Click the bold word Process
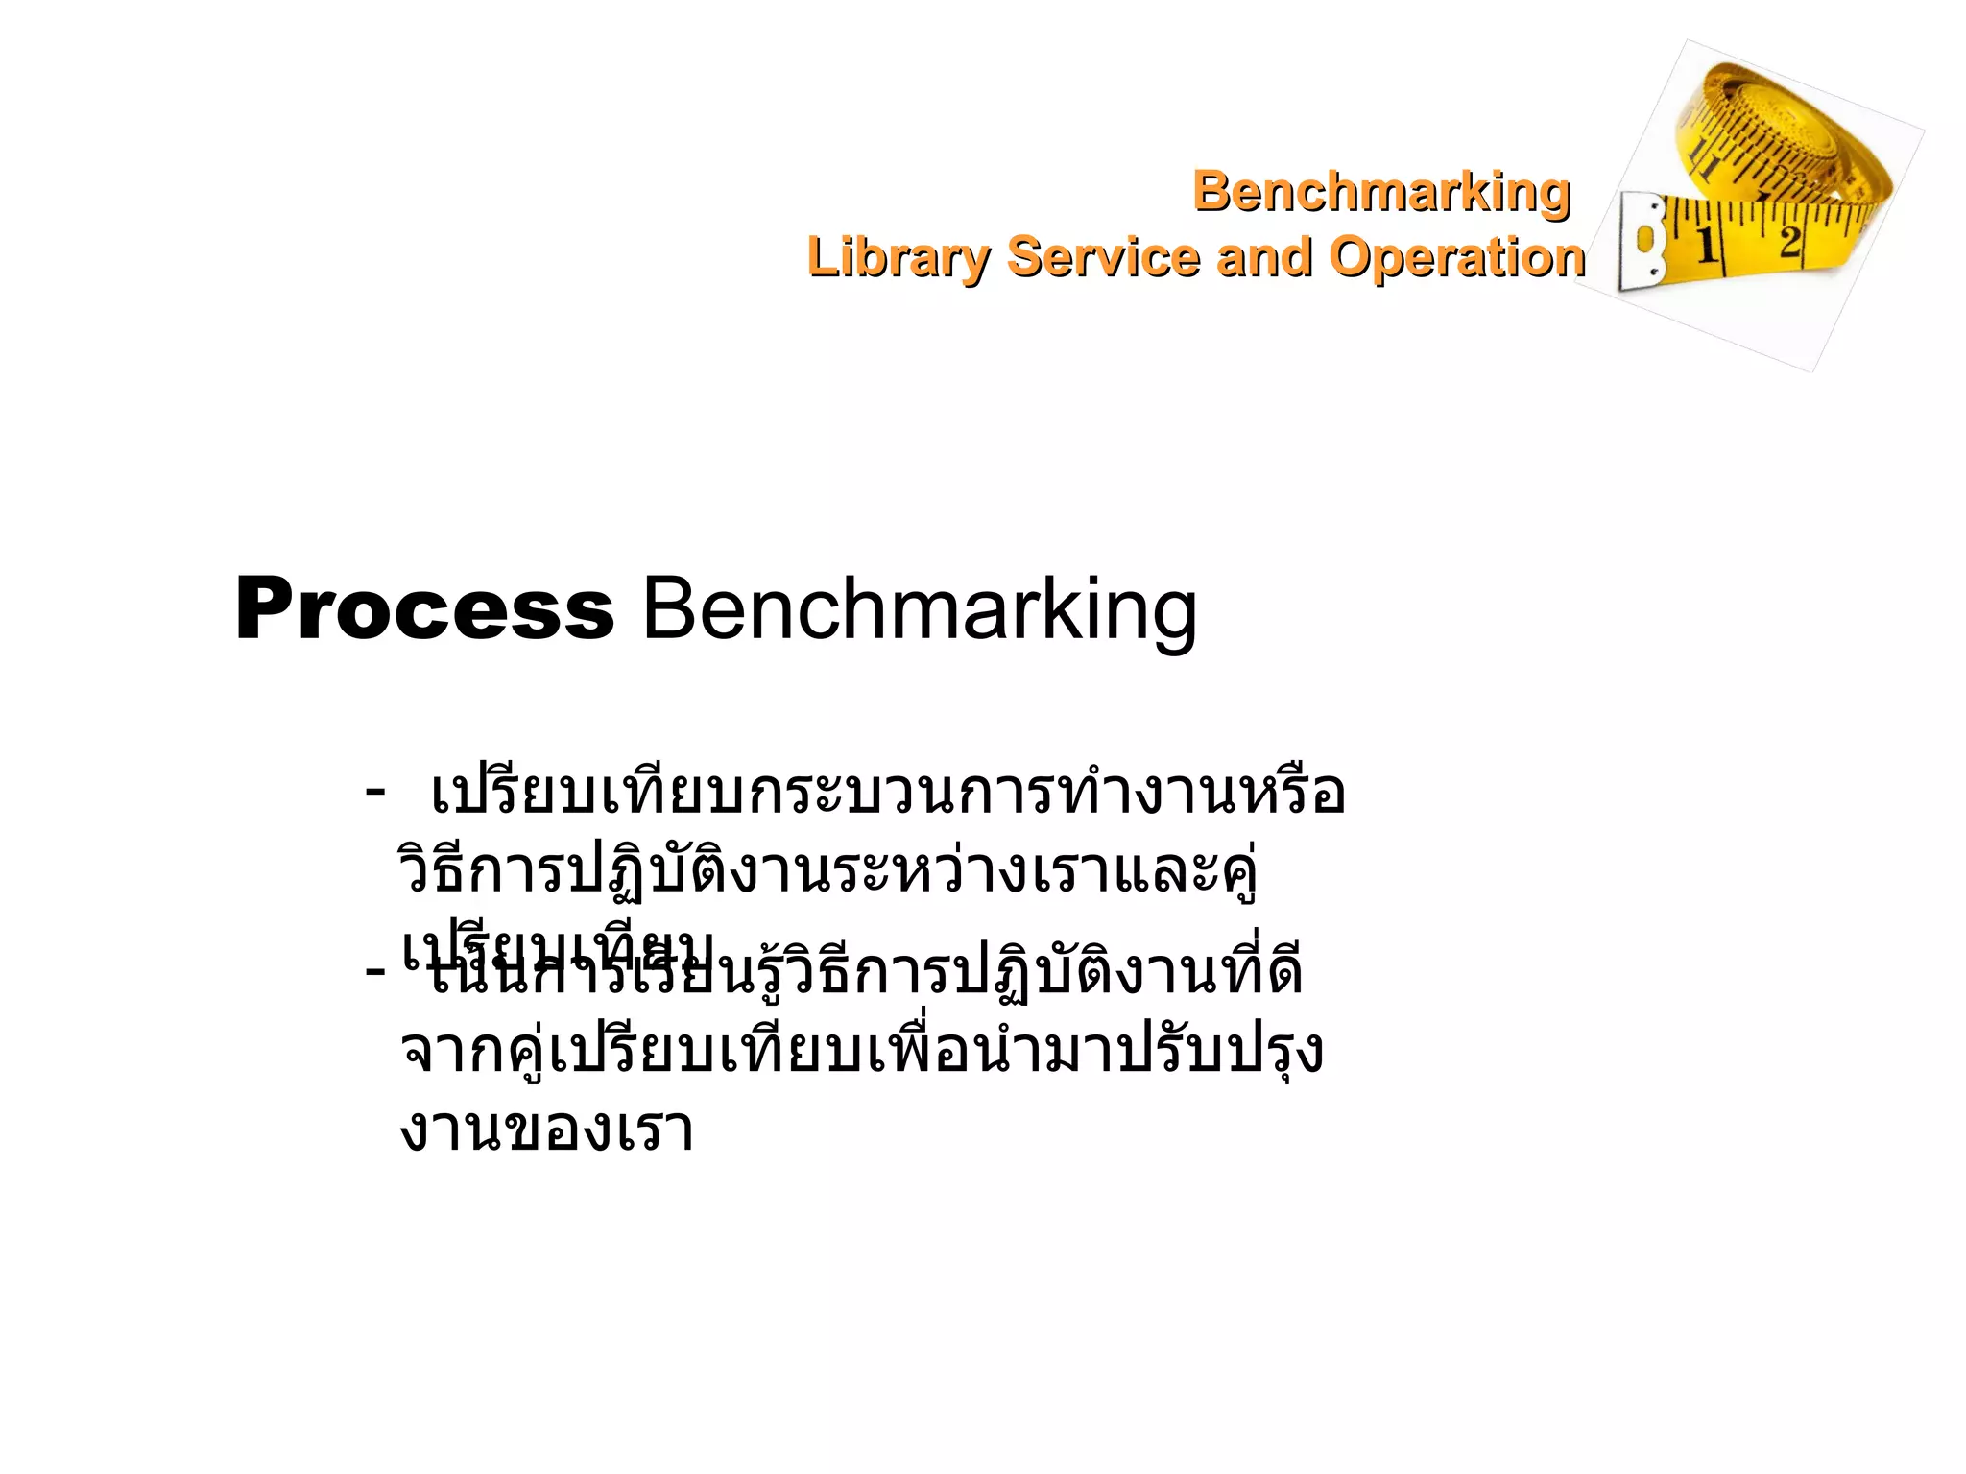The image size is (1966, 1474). click(424, 608)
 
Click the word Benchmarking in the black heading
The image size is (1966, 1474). click(919, 608)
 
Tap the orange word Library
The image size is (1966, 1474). click(898, 257)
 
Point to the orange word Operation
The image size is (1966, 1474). click(1456, 257)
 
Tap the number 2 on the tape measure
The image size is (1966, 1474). click(1788, 240)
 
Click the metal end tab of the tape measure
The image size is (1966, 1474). click(1642, 240)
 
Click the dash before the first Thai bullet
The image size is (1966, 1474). click(375, 793)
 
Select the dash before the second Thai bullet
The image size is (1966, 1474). click(375, 971)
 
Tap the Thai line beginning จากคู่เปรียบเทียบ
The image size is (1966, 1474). click(859, 1050)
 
